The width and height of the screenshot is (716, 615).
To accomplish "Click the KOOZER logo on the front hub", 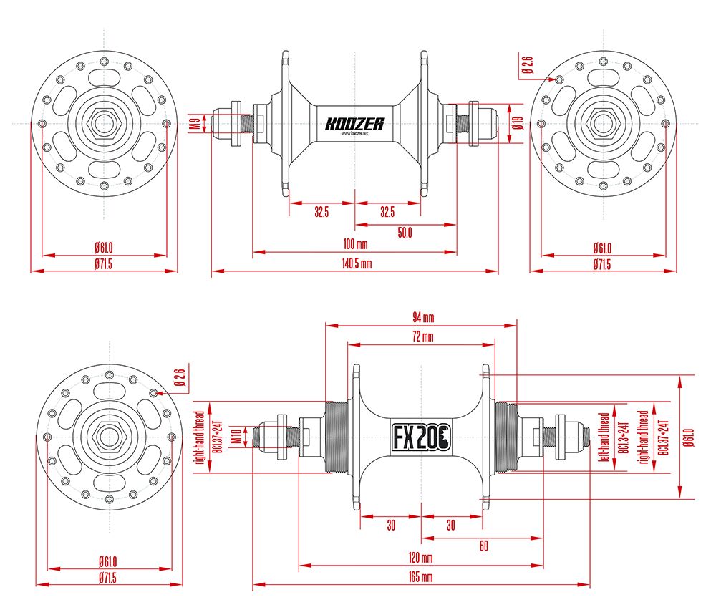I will pos(354,124).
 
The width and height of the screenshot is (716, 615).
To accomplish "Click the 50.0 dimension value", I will pos(405,232).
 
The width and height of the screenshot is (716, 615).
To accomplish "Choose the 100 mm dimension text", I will pos(354,245).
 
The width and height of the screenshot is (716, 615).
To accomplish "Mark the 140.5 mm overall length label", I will pos(356,263).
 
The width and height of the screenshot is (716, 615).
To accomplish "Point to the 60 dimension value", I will pos(484,546).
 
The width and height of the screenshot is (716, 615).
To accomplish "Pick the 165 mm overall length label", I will pos(422,577).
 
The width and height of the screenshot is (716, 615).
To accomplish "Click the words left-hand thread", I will pos(604,437).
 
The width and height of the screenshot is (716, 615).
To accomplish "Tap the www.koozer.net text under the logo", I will pos(354,134).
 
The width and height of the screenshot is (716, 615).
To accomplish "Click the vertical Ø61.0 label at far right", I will pos(688,437).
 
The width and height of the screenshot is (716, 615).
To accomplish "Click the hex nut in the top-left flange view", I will pos(105,124).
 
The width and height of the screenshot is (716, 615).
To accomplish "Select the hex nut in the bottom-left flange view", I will pos(109,437).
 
